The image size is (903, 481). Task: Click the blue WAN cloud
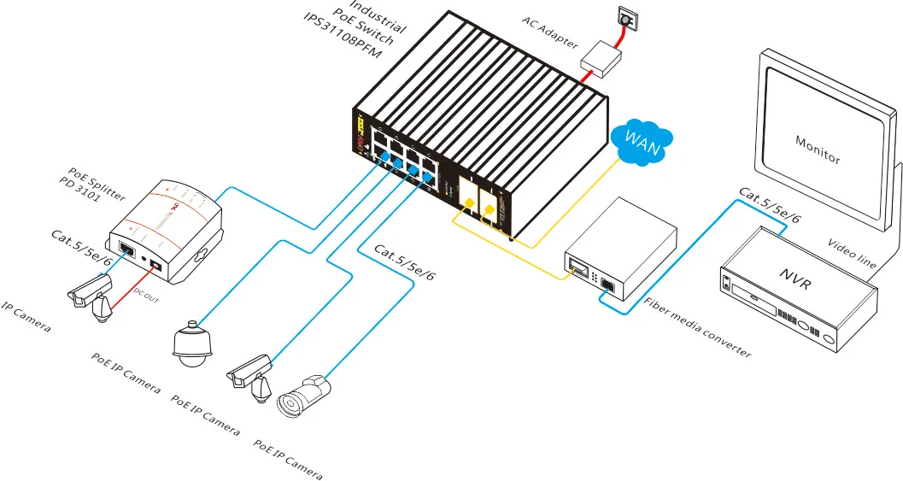point(642,140)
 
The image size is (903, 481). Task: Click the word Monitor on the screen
point(818,150)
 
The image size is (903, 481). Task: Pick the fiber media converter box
point(621,251)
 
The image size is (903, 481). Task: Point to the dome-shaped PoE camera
point(191,343)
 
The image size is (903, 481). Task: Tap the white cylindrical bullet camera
point(302,395)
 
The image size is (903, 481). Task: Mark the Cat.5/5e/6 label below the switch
point(405,263)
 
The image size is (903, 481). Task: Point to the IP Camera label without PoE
point(26,317)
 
